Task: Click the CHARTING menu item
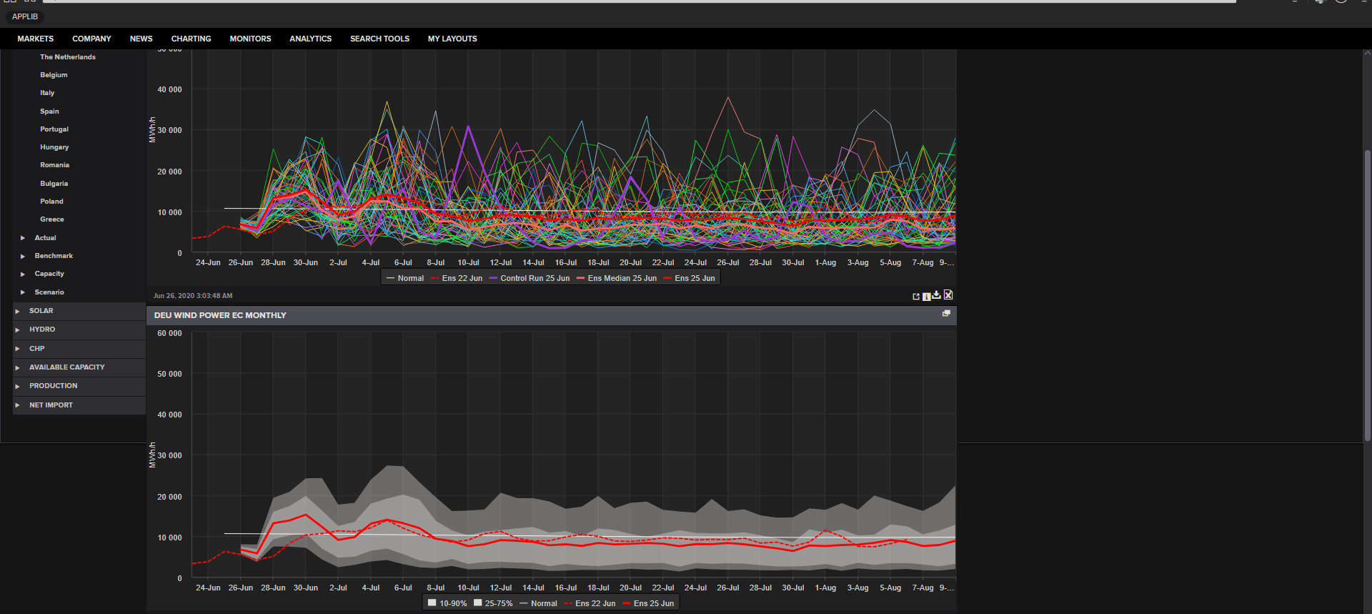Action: pos(191,39)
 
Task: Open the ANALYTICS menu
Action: pos(310,39)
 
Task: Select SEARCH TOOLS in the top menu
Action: pos(379,39)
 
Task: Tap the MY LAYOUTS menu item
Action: pos(452,39)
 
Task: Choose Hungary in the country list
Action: pos(54,147)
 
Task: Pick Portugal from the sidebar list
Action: pos(54,129)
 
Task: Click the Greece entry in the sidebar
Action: pos(52,219)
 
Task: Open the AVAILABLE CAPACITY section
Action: pos(67,367)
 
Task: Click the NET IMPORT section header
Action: pos(51,405)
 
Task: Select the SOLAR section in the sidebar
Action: pos(41,311)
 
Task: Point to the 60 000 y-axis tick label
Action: pos(169,333)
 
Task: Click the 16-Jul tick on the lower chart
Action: pos(566,588)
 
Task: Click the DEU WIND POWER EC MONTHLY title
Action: pos(220,315)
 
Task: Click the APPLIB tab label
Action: pos(25,16)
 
